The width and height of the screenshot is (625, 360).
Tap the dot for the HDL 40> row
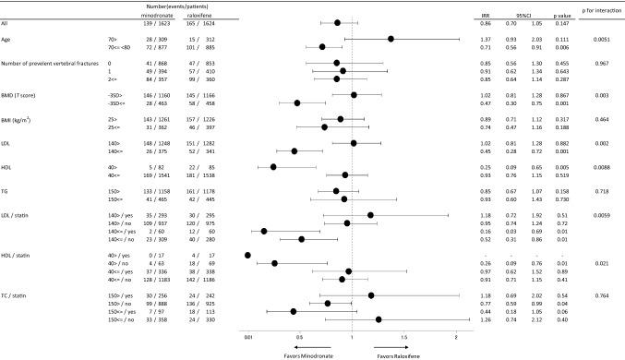click(273, 166)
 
